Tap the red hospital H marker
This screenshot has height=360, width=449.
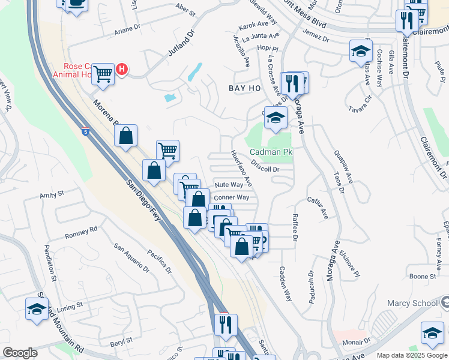click(x=122, y=69)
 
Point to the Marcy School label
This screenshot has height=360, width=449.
click(x=412, y=303)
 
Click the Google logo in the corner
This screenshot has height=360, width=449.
click(x=20, y=353)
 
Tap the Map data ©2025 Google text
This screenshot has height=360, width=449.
click(x=412, y=355)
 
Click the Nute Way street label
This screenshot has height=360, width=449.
click(x=229, y=185)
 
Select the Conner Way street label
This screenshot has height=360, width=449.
click(x=231, y=197)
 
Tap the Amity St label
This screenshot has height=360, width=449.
click(x=52, y=195)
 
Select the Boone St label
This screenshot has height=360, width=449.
click(x=423, y=277)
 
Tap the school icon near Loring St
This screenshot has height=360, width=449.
click(x=37, y=309)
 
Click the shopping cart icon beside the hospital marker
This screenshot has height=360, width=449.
click(x=103, y=74)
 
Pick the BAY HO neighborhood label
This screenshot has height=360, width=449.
click(x=245, y=88)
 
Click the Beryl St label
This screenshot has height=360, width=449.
click(x=121, y=340)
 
